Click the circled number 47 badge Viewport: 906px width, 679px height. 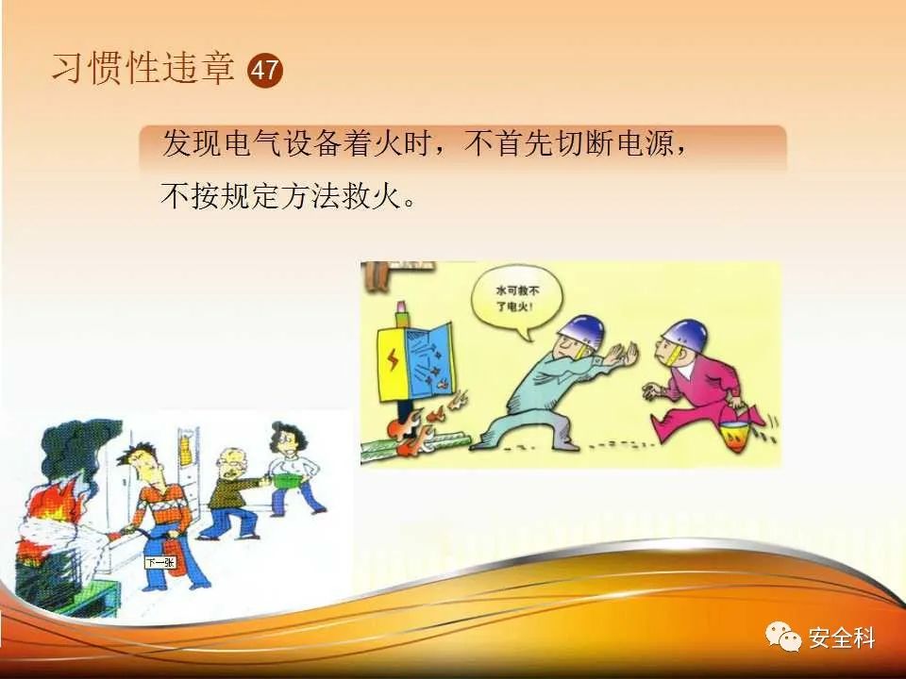(265, 71)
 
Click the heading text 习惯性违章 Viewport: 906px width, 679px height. (143, 68)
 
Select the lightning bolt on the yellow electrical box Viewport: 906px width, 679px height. (393, 359)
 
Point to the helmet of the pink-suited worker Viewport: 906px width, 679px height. (684, 336)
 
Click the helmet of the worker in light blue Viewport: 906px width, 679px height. (581, 332)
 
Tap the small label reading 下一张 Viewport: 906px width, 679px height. (160, 562)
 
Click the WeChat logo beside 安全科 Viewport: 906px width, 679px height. (783, 637)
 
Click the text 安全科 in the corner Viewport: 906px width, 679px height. (842, 638)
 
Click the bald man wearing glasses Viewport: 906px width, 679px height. (232, 494)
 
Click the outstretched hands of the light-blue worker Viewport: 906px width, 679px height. (621, 354)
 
